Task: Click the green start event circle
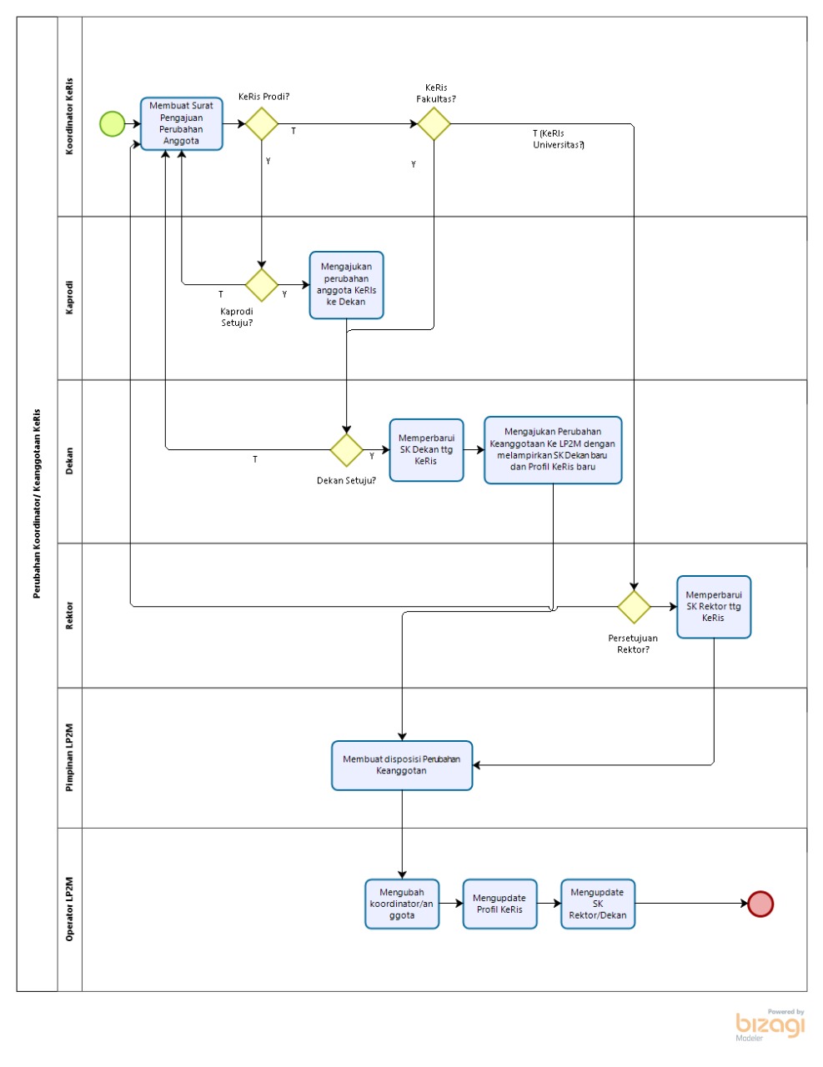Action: pyautogui.click(x=112, y=123)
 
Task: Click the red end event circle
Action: pyautogui.click(x=760, y=904)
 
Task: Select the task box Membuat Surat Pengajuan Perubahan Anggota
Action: pyautogui.click(x=181, y=123)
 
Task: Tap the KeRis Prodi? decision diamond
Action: pyautogui.click(x=261, y=123)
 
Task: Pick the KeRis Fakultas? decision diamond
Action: pyautogui.click(x=434, y=123)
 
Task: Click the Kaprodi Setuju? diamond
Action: pyautogui.click(x=261, y=284)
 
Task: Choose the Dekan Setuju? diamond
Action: pyautogui.click(x=346, y=449)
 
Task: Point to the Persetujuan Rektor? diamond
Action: pyautogui.click(x=634, y=606)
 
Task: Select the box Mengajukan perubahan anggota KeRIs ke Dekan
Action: pyautogui.click(x=346, y=285)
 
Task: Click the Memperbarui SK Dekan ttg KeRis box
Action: pyautogui.click(x=426, y=449)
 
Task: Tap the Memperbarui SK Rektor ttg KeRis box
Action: pyautogui.click(x=714, y=606)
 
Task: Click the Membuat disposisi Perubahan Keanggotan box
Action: pyautogui.click(x=402, y=765)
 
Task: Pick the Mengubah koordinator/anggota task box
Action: pyautogui.click(x=402, y=904)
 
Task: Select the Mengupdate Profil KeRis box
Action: pyautogui.click(x=499, y=904)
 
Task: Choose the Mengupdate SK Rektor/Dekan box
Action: pyautogui.click(x=598, y=904)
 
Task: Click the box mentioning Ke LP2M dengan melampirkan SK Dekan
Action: pyautogui.click(x=553, y=449)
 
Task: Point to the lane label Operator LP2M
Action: pyautogui.click(x=69, y=909)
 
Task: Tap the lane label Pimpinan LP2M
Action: pyautogui.click(x=69, y=757)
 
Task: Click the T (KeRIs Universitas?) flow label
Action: pyautogui.click(x=559, y=139)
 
